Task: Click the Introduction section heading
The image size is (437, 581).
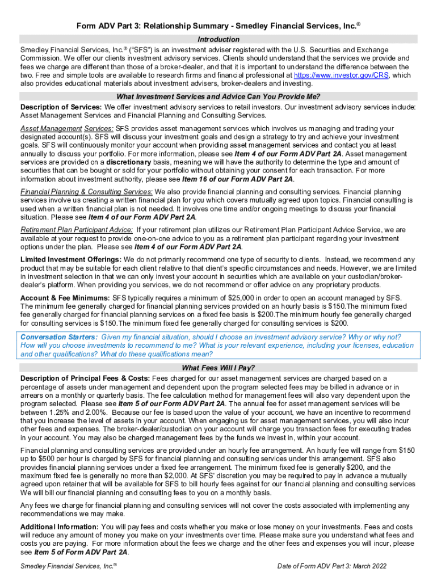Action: coord(218,39)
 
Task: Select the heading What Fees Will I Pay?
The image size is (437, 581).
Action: coord(218,367)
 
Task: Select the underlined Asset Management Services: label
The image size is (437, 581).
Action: coord(67,128)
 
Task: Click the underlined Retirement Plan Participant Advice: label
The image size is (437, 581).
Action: coord(77,230)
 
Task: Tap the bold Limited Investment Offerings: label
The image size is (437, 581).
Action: coord(71,259)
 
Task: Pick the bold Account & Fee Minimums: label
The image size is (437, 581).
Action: coord(65,298)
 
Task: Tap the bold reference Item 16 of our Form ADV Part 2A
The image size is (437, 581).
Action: coord(238,179)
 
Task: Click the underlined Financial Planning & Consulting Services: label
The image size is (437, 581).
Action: coord(86,191)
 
